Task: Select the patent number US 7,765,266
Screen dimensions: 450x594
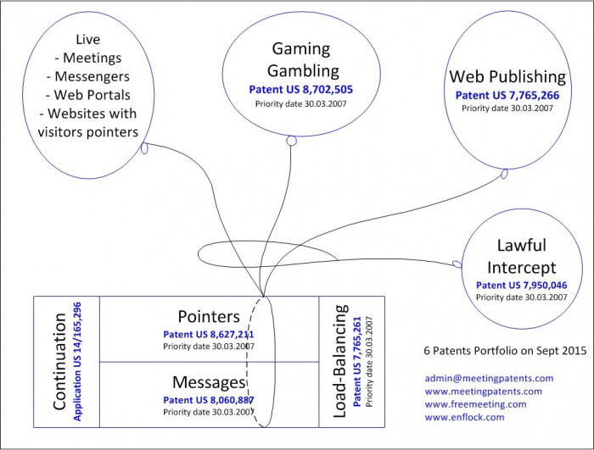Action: [x=498, y=95]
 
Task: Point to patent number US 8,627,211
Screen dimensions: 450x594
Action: [x=209, y=335]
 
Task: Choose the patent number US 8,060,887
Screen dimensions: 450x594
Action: [x=209, y=400]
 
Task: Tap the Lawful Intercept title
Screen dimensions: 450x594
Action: [x=520, y=258]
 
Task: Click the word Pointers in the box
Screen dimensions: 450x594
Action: [x=209, y=318]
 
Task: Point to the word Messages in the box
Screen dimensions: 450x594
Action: [x=209, y=382]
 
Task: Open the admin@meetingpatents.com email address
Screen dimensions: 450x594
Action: [x=489, y=378]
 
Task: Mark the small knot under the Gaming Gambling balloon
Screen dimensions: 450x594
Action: [x=291, y=141]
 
